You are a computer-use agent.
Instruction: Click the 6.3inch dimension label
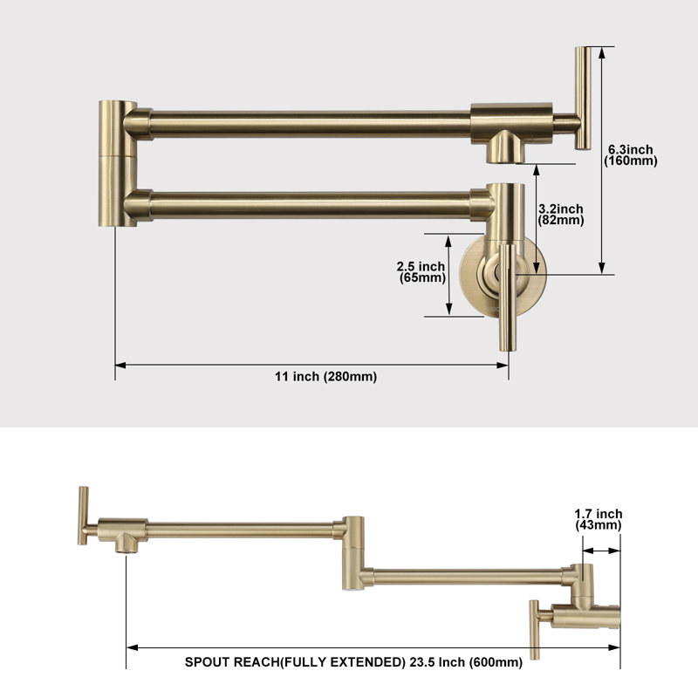(630, 149)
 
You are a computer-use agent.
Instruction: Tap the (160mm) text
(630, 161)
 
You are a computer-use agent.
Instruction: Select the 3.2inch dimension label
(561, 209)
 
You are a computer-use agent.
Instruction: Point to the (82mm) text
(561, 220)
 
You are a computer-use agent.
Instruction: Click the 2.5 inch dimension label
(421, 266)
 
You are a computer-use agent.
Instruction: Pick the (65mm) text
(422, 277)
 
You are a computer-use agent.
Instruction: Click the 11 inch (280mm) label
(325, 377)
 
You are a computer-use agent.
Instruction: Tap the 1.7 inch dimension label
(598, 514)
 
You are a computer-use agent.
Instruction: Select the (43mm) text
(598, 525)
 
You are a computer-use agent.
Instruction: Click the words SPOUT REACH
(232, 662)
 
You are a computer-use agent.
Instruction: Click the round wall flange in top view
(503, 276)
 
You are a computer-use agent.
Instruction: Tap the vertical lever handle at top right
(582, 98)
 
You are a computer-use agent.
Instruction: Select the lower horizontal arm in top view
(311, 205)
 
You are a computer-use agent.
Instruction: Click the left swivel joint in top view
(117, 164)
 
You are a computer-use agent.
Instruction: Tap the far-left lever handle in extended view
(83, 516)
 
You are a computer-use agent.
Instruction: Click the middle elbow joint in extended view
(354, 553)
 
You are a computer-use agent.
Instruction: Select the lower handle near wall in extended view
(535, 629)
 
